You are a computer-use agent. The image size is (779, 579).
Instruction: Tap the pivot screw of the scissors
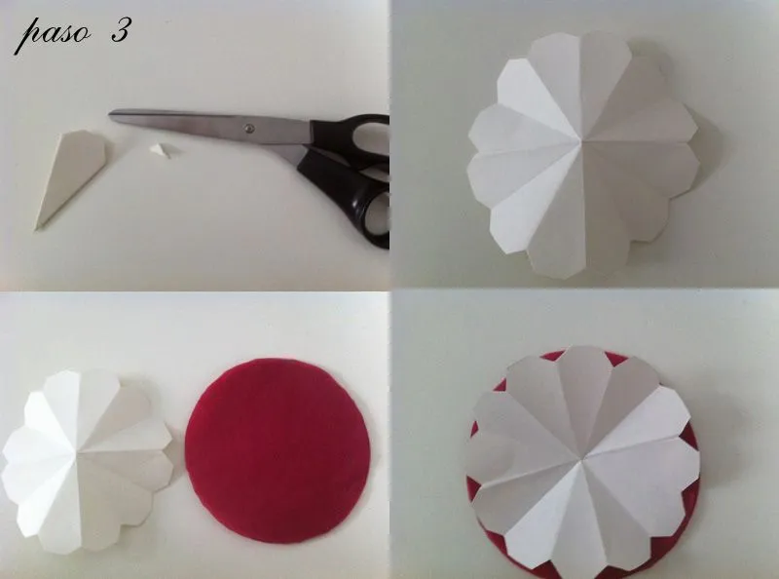tap(248, 127)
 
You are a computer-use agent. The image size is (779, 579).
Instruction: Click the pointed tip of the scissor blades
tap(111, 115)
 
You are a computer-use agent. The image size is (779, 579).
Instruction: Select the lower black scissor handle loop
tap(365, 205)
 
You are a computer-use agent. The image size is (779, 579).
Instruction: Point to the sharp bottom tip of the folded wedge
tap(38, 228)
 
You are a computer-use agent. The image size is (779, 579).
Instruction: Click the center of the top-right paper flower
tap(580, 143)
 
